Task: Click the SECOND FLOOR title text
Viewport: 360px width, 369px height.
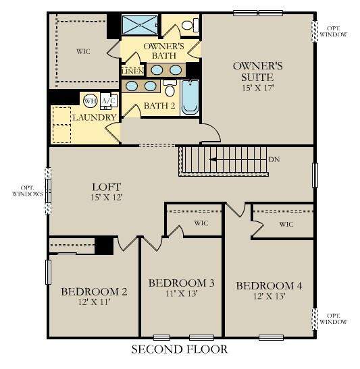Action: pos(179,349)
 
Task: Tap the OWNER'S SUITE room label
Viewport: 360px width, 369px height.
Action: pos(257,72)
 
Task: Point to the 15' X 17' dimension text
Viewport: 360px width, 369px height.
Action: pos(257,88)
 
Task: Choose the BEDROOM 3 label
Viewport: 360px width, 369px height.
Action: pos(181,282)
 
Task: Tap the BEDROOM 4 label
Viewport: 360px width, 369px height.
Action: pos(268,285)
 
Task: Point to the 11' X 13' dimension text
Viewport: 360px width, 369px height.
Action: pos(181,294)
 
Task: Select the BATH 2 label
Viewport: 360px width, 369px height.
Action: pos(159,107)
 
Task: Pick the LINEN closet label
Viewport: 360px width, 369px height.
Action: pos(132,71)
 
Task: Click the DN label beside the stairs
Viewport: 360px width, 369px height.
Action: pos(274,160)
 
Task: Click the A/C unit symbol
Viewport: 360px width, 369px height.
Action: pos(107,101)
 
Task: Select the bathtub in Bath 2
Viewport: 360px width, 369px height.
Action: pos(189,97)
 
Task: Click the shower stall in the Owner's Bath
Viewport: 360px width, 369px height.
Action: pos(140,25)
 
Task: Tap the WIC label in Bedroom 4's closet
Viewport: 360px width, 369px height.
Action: pos(286,224)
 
